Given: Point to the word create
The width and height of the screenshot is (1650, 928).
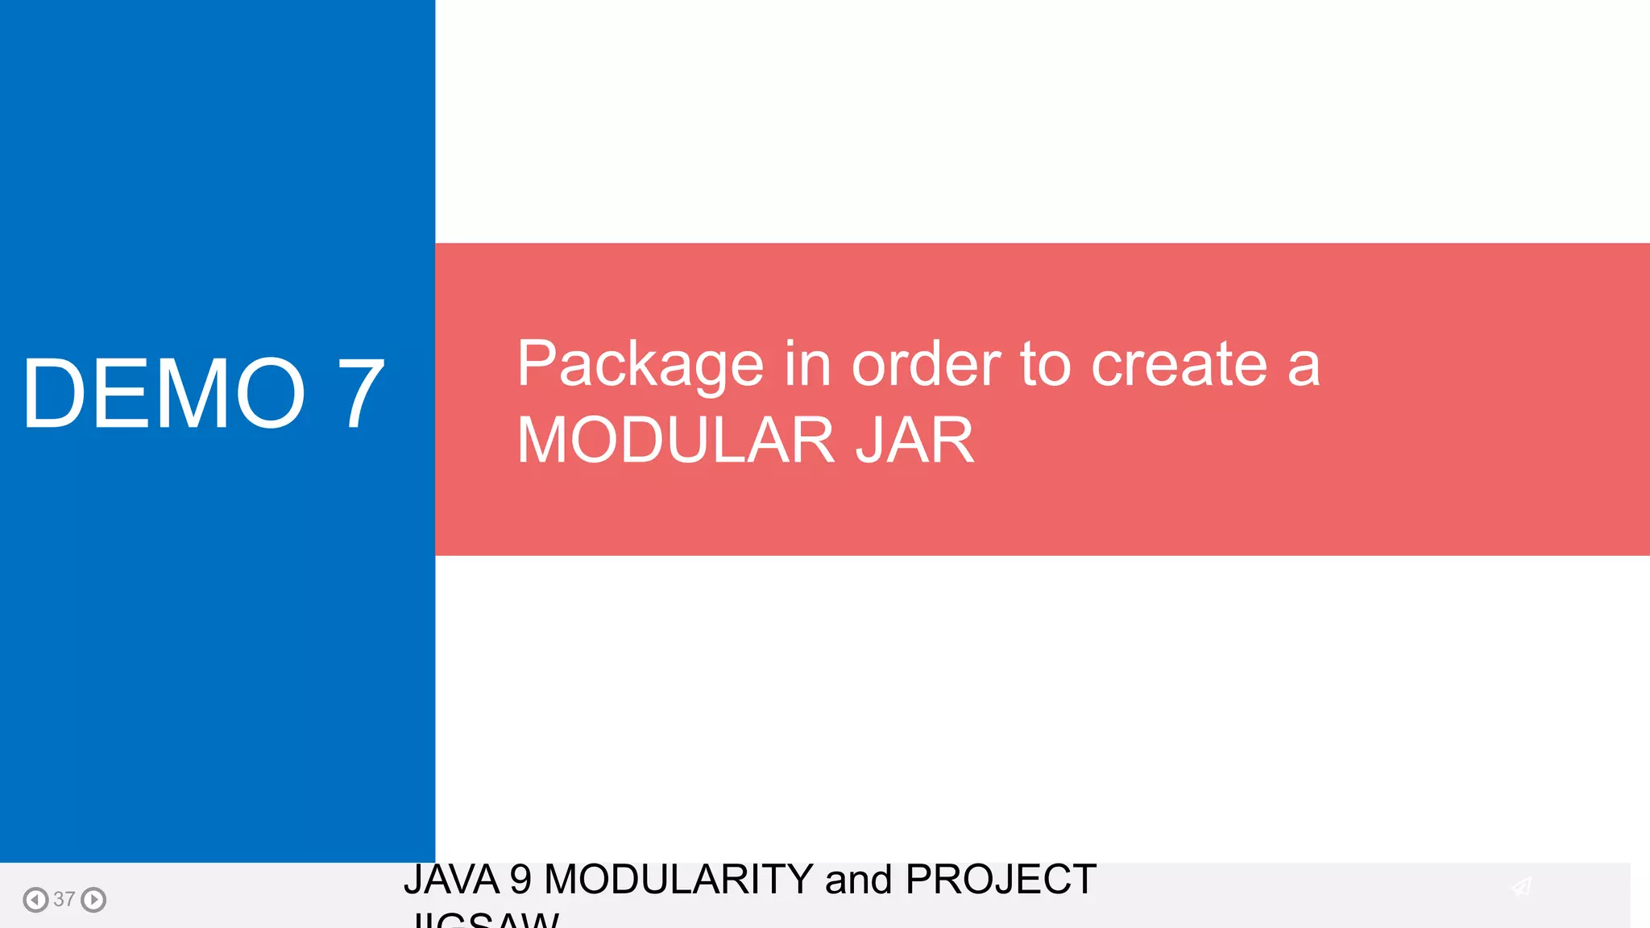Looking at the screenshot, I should [1179, 364].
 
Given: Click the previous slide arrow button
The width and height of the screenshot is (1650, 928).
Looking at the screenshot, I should [35, 899].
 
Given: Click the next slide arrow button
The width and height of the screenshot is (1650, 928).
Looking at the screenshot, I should [93, 899].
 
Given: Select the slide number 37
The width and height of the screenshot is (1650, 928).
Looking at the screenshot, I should [64, 899].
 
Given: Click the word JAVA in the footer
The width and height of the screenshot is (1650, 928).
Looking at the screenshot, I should [451, 880].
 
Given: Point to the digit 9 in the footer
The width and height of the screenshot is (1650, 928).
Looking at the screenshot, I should [520, 880].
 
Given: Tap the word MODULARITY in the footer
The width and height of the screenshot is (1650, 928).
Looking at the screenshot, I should [678, 880].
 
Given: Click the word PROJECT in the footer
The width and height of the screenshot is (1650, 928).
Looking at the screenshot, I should [1001, 880].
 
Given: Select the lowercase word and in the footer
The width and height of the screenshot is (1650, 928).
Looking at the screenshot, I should [859, 880].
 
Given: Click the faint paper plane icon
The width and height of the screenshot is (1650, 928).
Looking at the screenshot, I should [1521, 887].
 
